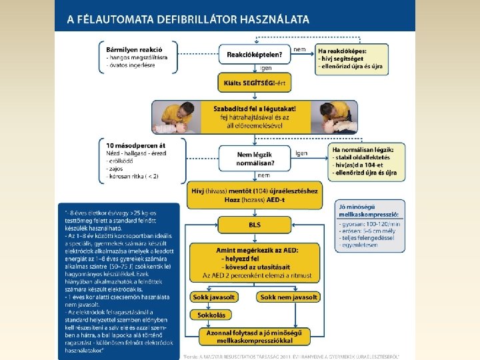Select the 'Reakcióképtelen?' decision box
254,54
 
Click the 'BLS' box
255,225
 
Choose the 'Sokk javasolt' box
213,297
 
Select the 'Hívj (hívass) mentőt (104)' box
255,191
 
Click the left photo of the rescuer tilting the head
173,117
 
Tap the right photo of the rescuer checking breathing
338,117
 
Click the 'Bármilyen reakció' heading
133,49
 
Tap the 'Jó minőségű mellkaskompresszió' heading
370,210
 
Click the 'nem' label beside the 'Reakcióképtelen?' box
300,49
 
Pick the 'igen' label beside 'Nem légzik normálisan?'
301,153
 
